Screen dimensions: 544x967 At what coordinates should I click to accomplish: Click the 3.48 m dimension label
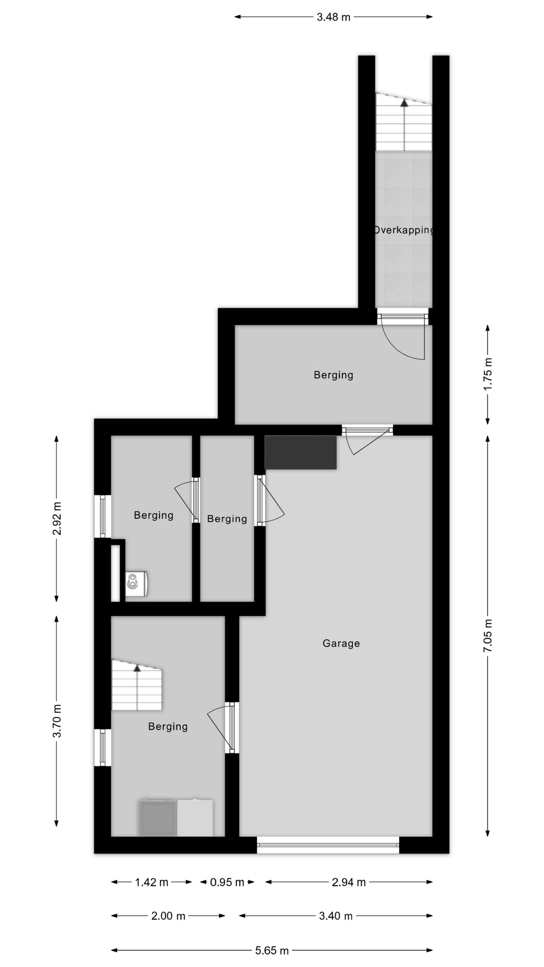tap(333, 17)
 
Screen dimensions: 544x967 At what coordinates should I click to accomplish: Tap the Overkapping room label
tap(403, 230)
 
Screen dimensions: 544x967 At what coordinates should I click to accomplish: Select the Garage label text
tap(341, 643)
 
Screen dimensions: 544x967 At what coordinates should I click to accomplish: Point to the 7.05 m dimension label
tap(488, 636)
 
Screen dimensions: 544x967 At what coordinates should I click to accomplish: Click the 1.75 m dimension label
tap(488, 374)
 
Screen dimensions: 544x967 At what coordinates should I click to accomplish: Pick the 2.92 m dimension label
tap(57, 519)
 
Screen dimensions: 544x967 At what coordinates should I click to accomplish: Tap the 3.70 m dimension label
tap(57, 720)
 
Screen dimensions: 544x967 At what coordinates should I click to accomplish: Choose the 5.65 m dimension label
tap(272, 950)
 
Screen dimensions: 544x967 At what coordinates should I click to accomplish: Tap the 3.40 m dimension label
tap(336, 916)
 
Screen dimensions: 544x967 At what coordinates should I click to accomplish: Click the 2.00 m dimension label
tap(168, 916)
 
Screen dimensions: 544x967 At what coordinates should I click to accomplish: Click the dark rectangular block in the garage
tap(301, 452)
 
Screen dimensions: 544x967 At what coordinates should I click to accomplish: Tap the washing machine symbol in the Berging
tap(136, 584)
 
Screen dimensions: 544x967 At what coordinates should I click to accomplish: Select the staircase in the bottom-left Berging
tap(137, 685)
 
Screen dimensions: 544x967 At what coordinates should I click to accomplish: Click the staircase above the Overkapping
tap(403, 122)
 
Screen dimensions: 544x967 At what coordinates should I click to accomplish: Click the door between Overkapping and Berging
tap(403, 335)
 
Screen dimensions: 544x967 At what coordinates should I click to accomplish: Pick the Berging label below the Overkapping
tap(333, 375)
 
